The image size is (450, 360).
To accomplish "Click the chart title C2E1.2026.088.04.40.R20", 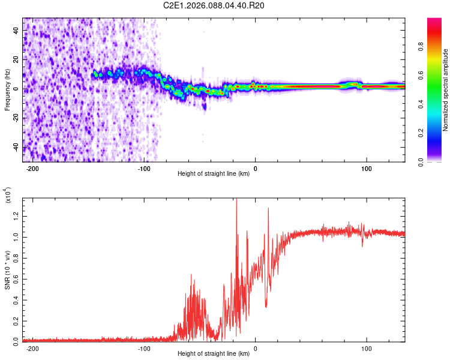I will coord(214,5).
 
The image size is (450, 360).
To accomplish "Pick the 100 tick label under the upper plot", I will coord(366,168).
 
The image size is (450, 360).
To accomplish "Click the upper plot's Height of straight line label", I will coord(214,175).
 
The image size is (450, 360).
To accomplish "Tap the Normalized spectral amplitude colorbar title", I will coord(446,90).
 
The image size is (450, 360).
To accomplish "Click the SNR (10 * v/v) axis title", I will coord(7,269).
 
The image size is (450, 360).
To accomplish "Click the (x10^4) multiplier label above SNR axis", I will coord(8,195).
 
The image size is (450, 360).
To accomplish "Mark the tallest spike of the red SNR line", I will coord(236,200).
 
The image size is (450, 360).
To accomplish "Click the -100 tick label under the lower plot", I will coord(143,348).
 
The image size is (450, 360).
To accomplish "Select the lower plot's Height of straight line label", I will coord(214,355).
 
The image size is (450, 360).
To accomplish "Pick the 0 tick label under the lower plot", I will coord(255,348).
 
